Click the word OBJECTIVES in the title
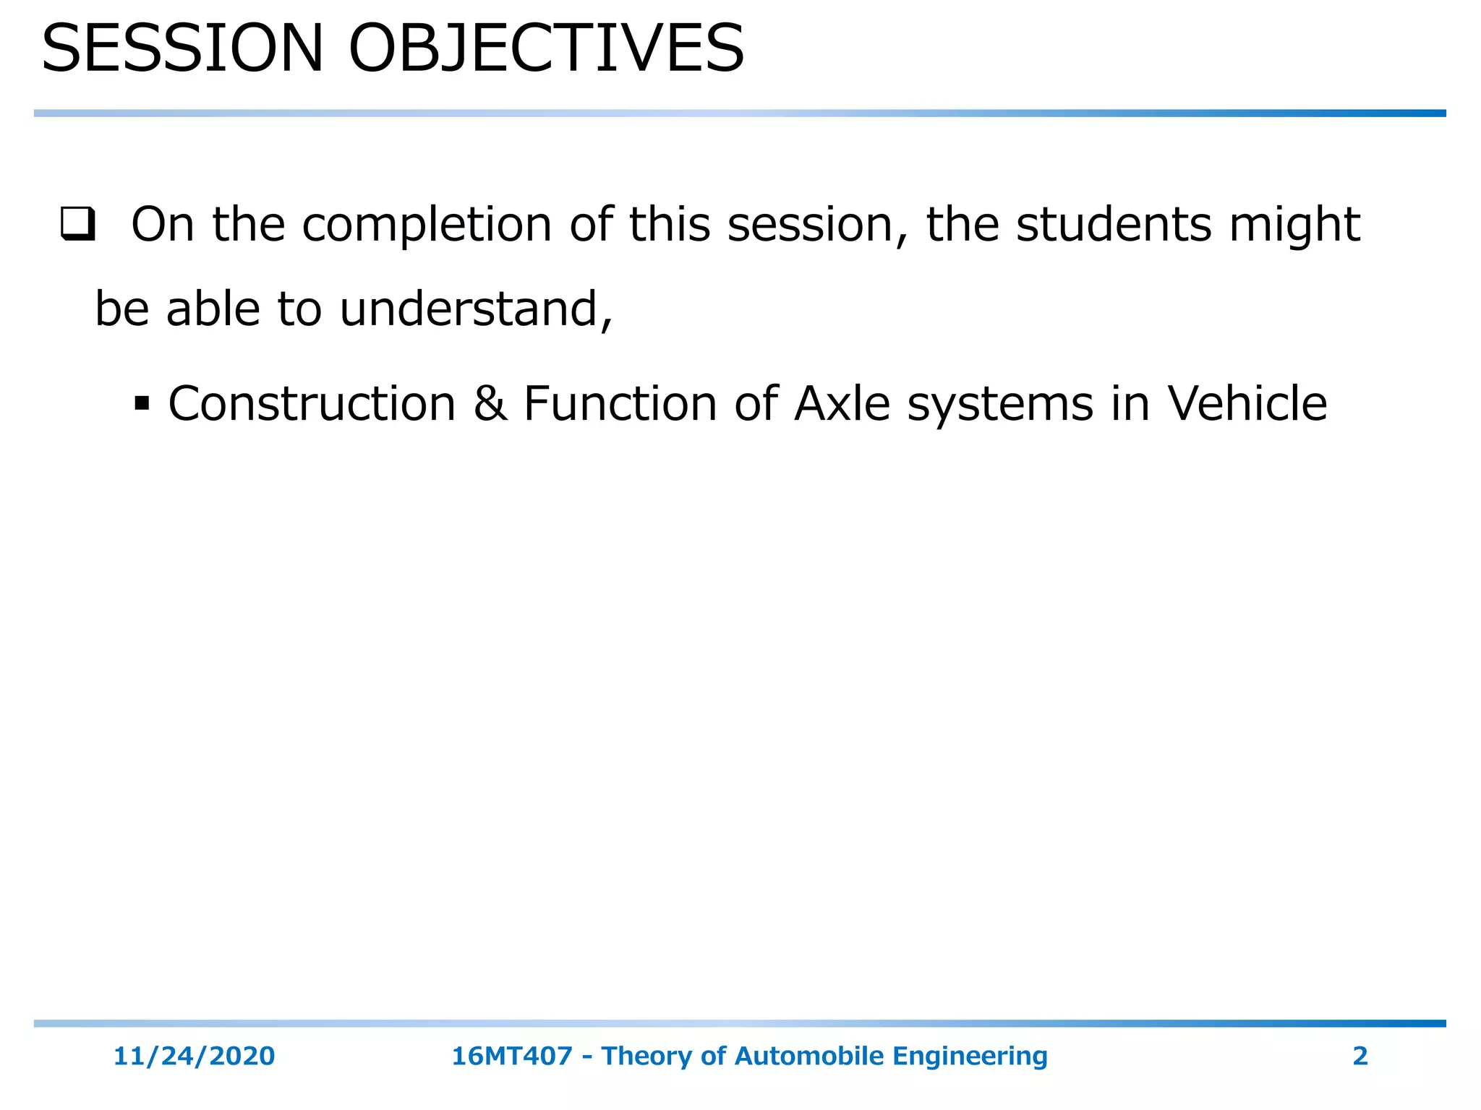click(546, 49)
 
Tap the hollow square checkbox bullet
click(77, 225)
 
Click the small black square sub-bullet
click(142, 403)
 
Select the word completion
click(427, 225)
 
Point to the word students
click(1114, 225)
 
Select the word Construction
click(312, 403)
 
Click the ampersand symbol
click(490, 403)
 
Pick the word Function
click(620, 403)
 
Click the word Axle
click(842, 403)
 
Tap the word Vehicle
click(1247, 403)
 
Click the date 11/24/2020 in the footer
click(194, 1056)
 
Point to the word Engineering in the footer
click(970, 1056)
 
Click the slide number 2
click(1360, 1056)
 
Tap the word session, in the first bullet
click(817, 225)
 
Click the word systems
click(1000, 403)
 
